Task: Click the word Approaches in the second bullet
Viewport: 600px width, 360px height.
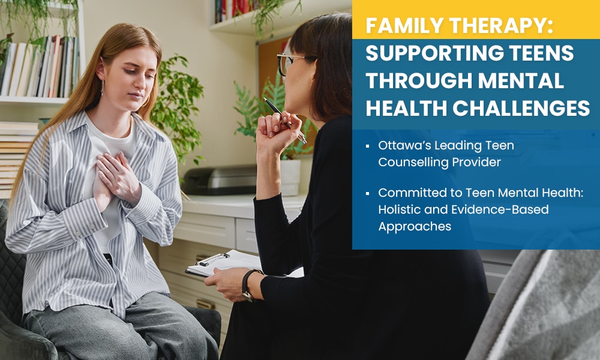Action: pyautogui.click(x=415, y=226)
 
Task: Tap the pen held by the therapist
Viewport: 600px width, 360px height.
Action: pyautogui.click(x=285, y=120)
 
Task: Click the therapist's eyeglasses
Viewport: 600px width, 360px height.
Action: pyautogui.click(x=293, y=63)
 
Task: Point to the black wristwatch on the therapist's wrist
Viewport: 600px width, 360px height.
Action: pyautogui.click(x=248, y=285)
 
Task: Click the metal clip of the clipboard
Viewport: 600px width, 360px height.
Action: pyautogui.click(x=212, y=259)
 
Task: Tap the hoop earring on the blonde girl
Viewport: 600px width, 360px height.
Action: pyautogui.click(x=102, y=88)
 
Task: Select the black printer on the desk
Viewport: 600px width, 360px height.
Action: pyautogui.click(x=220, y=180)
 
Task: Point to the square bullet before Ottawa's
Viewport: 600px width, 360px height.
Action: pyautogui.click(x=367, y=146)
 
